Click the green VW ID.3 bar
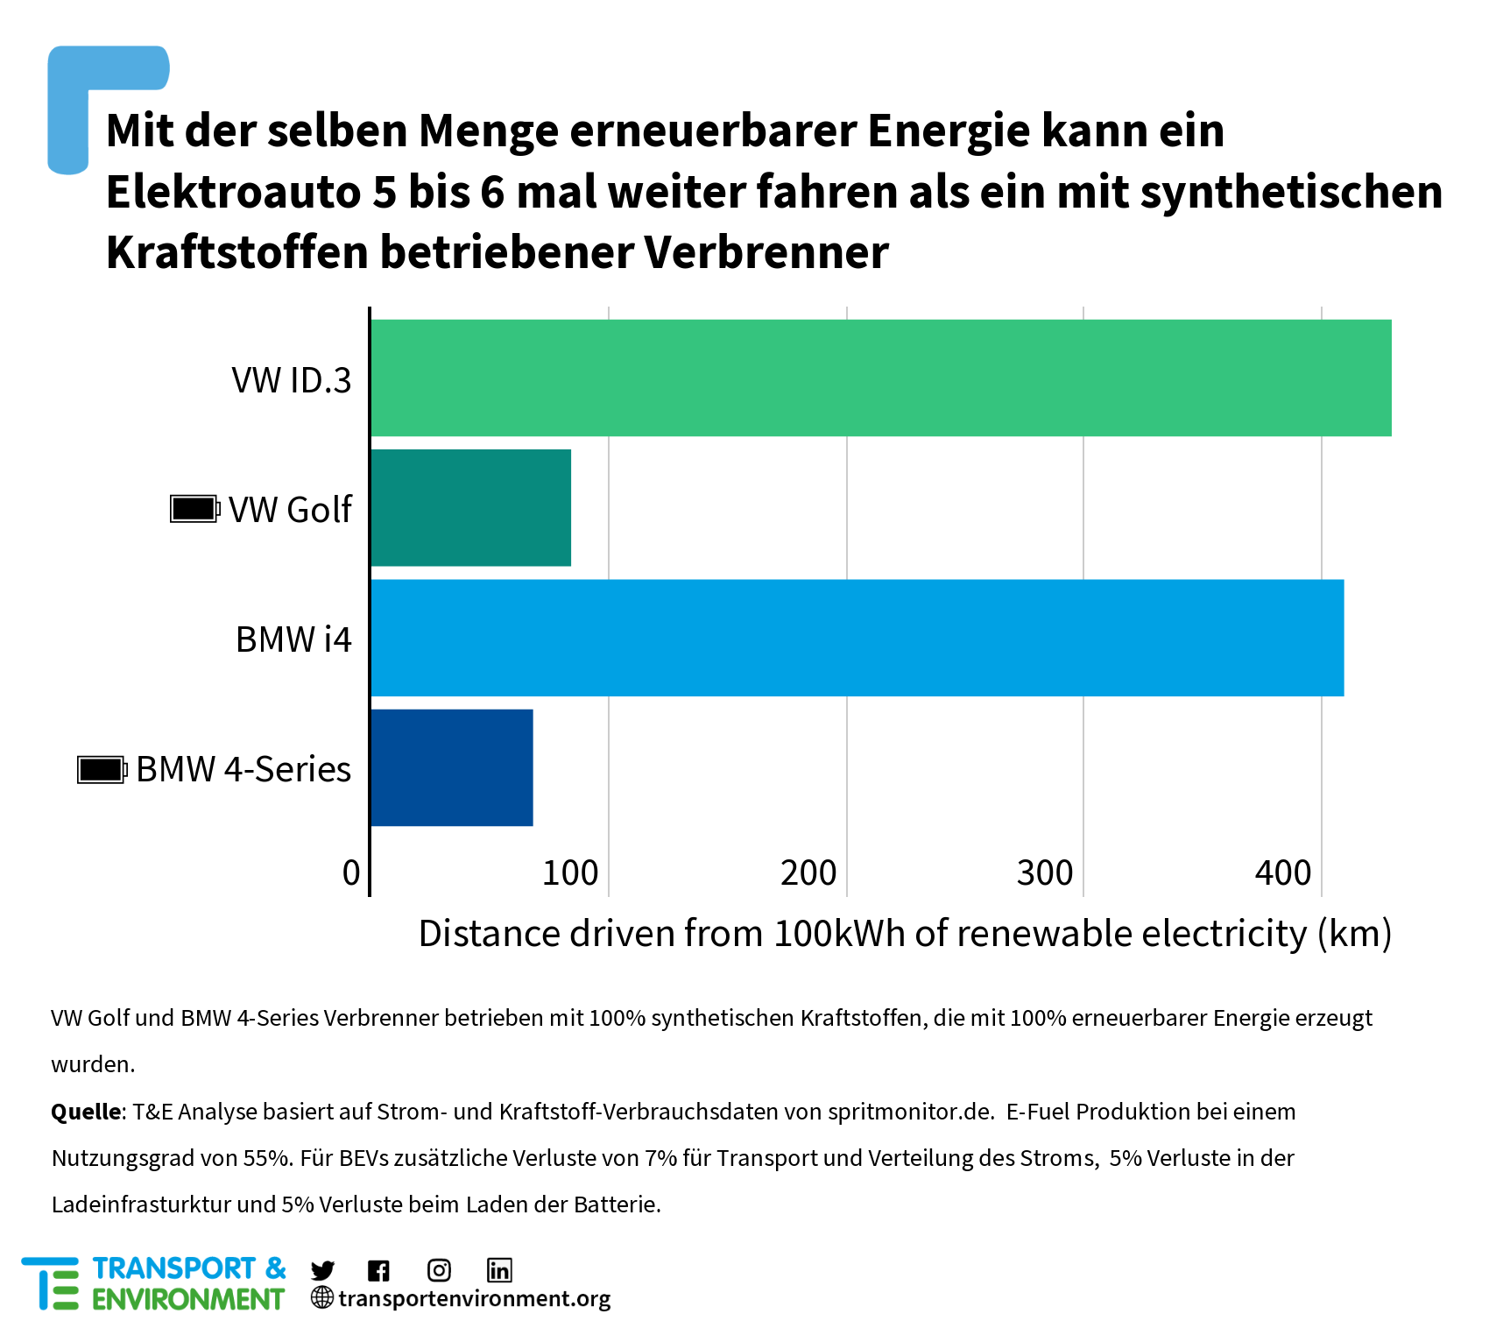pyautogui.click(x=880, y=378)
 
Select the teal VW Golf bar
pyautogui.click(x=470, y=508)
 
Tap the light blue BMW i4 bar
pyautogui.click(x=857, y=638)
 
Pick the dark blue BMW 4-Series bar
pyautogui.click(x=451, y=767)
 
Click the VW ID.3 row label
pyautogui.click(x=292, y=380)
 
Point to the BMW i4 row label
pyautogui.click(x=293, y=639)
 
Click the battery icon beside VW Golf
pyautogui.click(x=194, y=509)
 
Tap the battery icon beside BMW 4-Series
pyautogui.click(x=102, y=770)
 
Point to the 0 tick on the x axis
pyautogui.click(x=351, y=872)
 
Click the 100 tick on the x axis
pyautogui.click(x=570, y=872)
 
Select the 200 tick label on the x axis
pyautogui.click(x=808, y=872)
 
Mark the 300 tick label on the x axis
pyautogui.click(x=1045, y=872)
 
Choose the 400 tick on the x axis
pyautogui.click(x=1283, y=872)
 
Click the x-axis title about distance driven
pyautogui.click(x=905, y=934)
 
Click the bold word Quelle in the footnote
pyautogui.click(x=86, y=1112)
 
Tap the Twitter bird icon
pyautogui.click(x=322, y=1270)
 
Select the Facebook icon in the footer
pyautogui.click(x=378, y=1270)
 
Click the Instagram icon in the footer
pyautogui.click(x=439, y=1270)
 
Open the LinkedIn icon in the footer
pyautogui.click(x=499, y=1270)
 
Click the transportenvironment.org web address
pyautogui.click(x=474, y=1298)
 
